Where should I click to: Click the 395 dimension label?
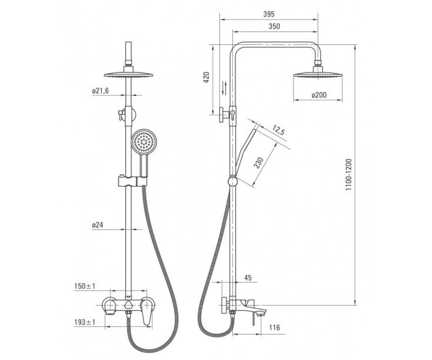coord(269,14)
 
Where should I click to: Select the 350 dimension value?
coord(274,26)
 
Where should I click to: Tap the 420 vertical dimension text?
coord(207,77)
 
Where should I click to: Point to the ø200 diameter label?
coord(319,95)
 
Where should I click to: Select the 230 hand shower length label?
coord(258,163)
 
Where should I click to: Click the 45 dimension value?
coord(248,278)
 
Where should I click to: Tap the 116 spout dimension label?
coord(274,328)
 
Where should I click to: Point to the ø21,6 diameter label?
coord(100,91)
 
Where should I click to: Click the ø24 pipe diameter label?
coord(98,225)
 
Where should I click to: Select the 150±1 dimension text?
coord(85,286)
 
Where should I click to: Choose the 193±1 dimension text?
coord(85,322)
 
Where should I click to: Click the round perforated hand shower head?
coord(144,141)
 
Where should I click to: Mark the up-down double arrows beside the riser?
coord(225,88)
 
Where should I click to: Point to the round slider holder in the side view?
coord(233,182)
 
